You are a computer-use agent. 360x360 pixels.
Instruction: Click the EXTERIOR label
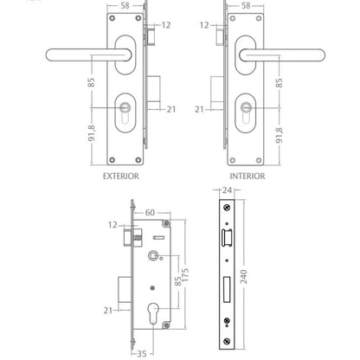pos(121,176)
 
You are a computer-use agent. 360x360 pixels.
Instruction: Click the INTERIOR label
pos(247,176)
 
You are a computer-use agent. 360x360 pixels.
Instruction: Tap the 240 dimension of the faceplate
pos(244,277)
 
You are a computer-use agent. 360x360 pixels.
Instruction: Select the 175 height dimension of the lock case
pos(185,275)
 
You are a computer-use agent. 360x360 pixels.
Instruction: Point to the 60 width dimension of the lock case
pos(150,213)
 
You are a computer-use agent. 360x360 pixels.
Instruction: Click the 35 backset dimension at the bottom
pos(141,354)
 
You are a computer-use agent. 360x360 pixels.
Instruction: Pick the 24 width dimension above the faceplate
pos(227,190)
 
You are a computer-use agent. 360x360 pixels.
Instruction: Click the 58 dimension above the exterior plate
pos(125,6)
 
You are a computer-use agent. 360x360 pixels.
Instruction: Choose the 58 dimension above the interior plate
pos(246,6)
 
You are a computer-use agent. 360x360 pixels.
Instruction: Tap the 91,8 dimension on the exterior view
pos(92,133)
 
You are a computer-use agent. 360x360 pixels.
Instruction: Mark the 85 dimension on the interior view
pos(280,83)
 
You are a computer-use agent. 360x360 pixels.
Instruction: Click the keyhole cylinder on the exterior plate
pos(125,112)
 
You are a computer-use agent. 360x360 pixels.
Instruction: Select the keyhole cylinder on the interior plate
pos(246,112)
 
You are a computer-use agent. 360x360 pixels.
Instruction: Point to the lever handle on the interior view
pos(282,55)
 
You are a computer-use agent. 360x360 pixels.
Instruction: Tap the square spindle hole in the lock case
pos(152,255)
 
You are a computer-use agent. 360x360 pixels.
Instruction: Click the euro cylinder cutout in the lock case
pos(153,315)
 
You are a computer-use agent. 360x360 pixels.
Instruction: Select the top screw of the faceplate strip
pos(227,207)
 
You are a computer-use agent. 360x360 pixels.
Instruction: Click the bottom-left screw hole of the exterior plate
pos(112,160)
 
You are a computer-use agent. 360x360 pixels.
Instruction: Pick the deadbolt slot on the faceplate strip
pos(227,289)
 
